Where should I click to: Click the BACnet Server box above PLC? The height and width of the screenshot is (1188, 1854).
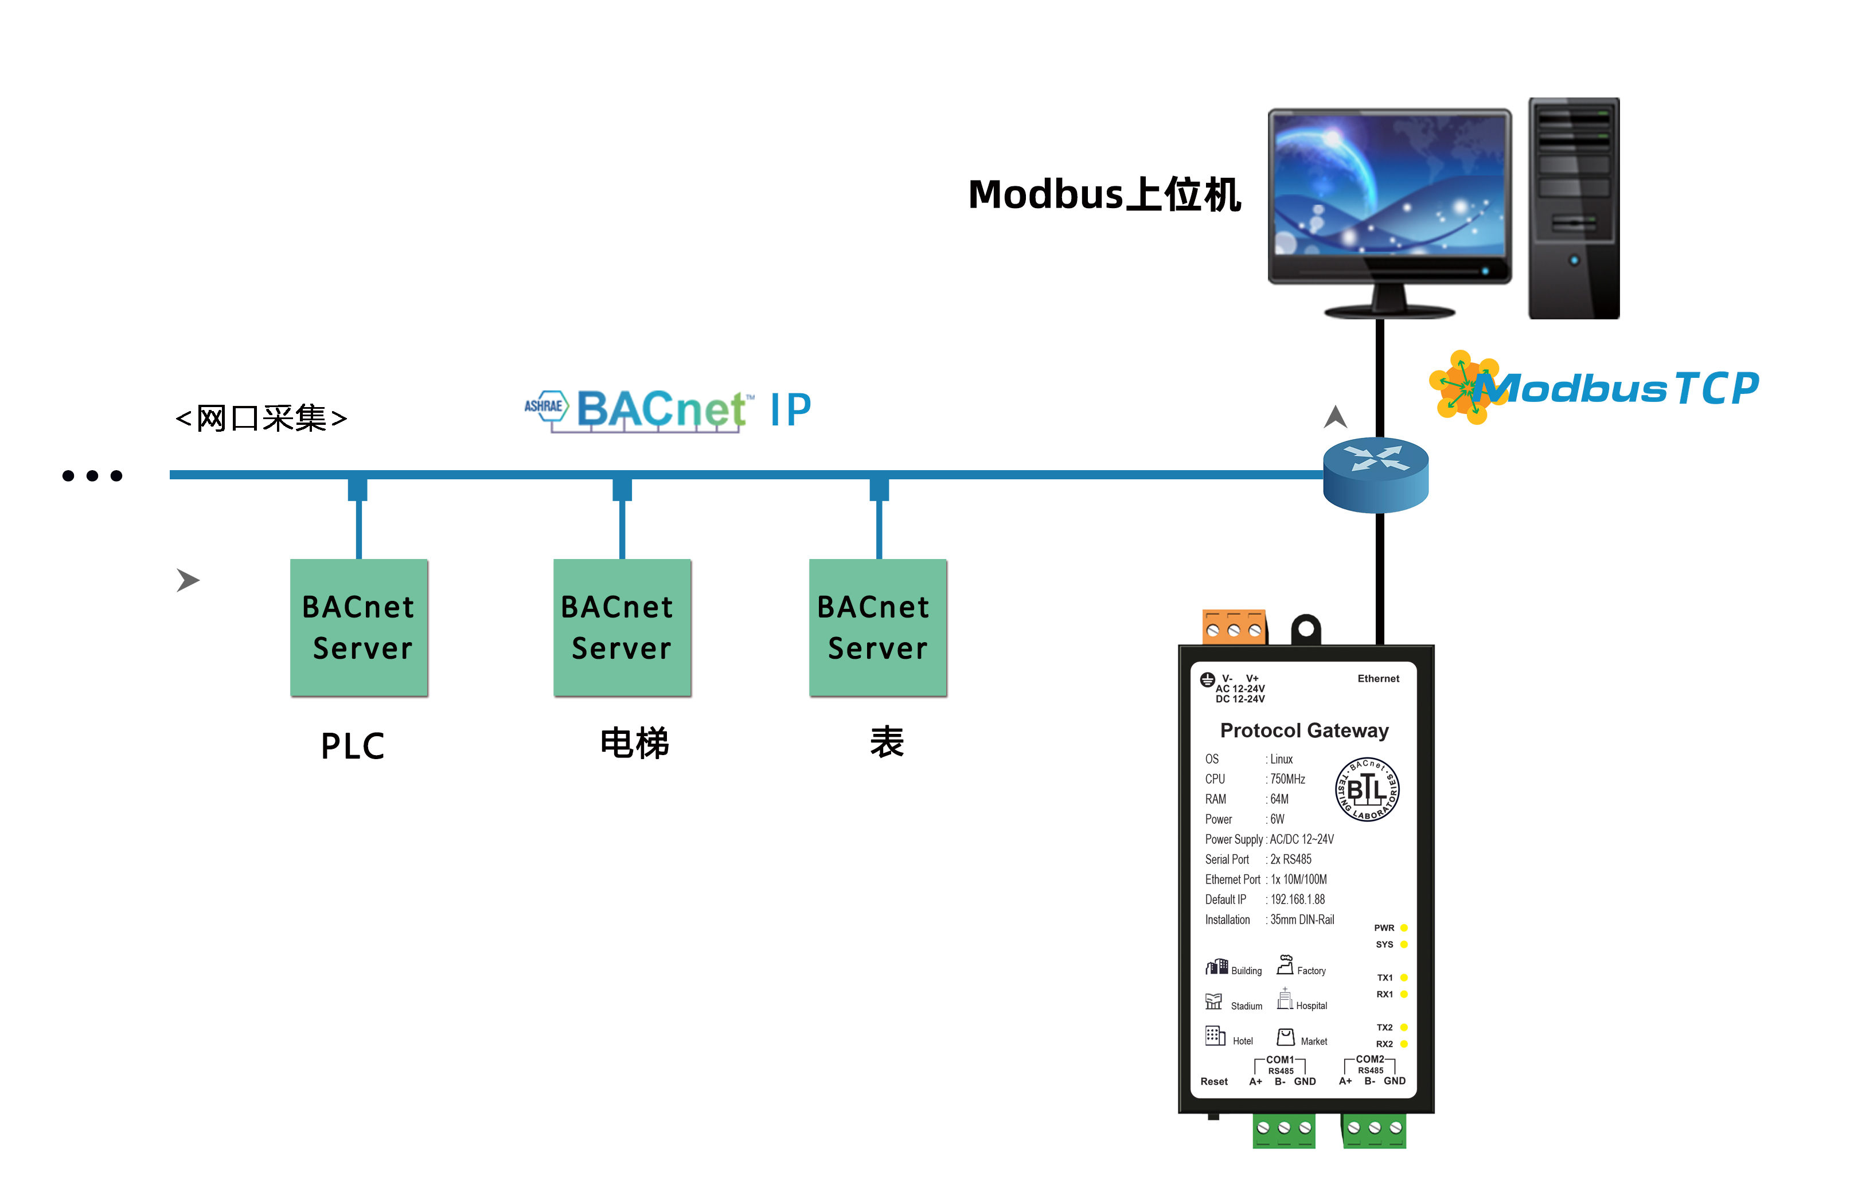coord(359,627)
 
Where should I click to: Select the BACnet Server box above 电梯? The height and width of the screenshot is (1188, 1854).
coord(622,627)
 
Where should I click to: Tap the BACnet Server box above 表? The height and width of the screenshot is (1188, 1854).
coord(877,627)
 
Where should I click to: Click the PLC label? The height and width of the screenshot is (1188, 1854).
coord(353,746)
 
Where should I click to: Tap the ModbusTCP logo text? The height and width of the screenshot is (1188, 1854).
coord(1620,388)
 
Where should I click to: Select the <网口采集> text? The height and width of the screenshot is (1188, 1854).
coord(261,418)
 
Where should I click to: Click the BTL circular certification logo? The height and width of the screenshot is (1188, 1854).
coord(1367,789)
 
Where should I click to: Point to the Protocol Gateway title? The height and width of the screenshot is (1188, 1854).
coord(1304,730)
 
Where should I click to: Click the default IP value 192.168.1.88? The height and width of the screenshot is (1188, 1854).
coord(1298,900)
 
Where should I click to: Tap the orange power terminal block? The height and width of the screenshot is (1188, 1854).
coord(1234,627)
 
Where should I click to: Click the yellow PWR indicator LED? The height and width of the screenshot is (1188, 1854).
coord(1404,928)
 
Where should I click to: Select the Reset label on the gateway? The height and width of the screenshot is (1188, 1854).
coord(1213,1081)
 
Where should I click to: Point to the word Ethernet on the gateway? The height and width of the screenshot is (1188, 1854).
coord(1378,679)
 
